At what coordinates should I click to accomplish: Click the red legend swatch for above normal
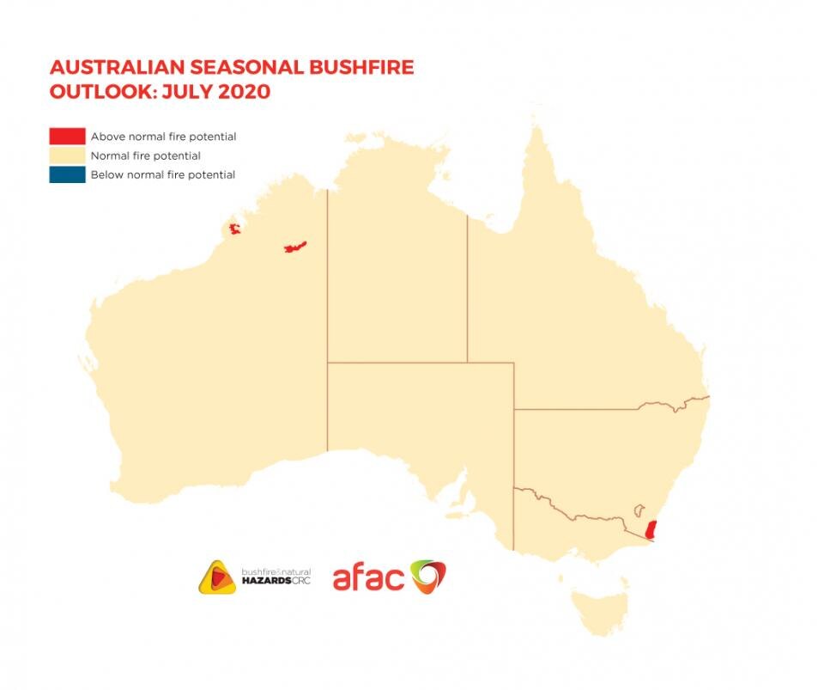pyautogui.click(x=68, y=136)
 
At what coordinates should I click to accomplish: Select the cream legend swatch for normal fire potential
pyautogui.click(x=68, y=156)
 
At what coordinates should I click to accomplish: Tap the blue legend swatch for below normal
pyautogui.click(x=68, y=174)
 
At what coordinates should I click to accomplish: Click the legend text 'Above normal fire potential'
pyautogui.click(x=163, y=137)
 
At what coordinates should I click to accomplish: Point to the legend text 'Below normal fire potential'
pyautogui.click(x=163, y=174)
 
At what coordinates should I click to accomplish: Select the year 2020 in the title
pyautogui.click(x=244, y=92)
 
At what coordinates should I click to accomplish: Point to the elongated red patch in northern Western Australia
pyautogui.click(x=295, y=247)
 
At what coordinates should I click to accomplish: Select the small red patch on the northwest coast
pyautogui.click(x=233, y=230)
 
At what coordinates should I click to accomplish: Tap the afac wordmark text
pyautogui.click(x=367, y=578)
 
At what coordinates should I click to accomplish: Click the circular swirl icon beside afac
pyautogui.click(x=427, y=577)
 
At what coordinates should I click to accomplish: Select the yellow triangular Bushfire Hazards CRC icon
pyautogui.click(x=216, y=577)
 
